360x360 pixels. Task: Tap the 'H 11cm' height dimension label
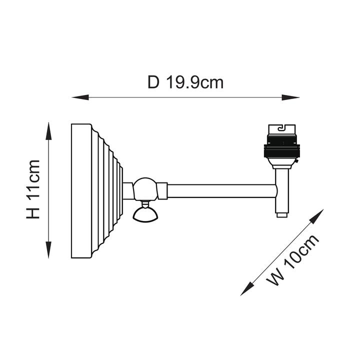[33, 189]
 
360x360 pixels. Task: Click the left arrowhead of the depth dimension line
[80, 97]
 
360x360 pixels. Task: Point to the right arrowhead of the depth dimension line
[290, 97]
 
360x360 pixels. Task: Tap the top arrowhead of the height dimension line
[48, 131]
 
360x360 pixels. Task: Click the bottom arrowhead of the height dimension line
[48, 250]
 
